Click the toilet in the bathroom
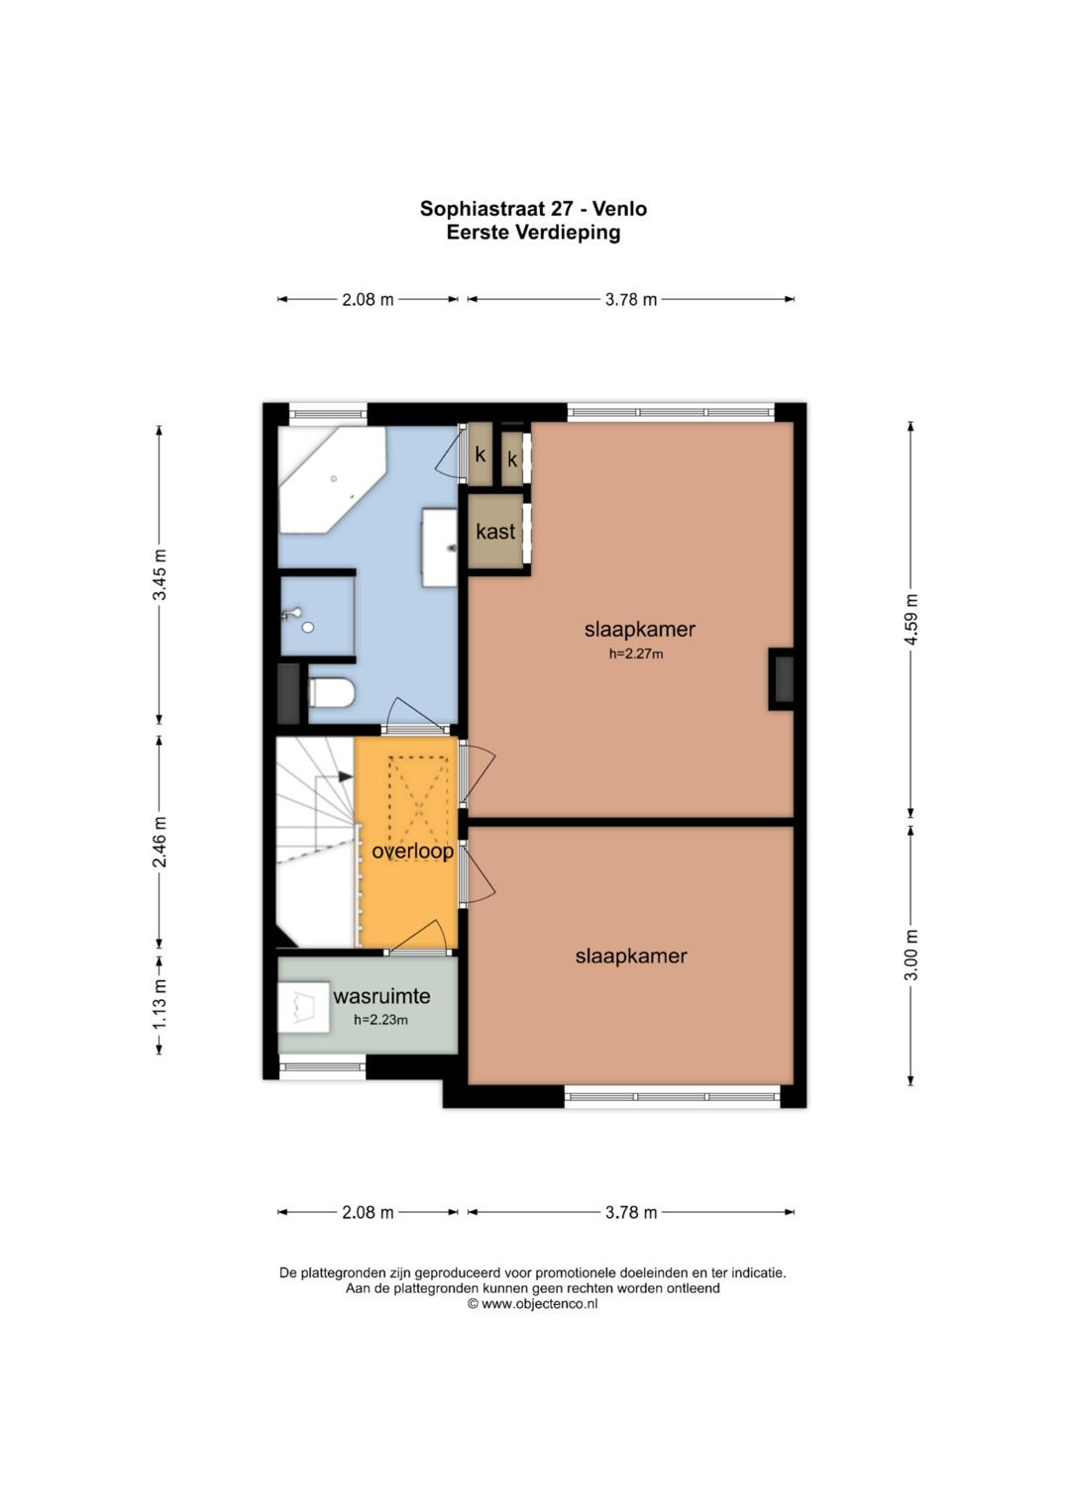[331, 693]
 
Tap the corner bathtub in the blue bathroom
[331, 478]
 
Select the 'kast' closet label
[495, 531]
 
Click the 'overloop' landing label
[413, 852]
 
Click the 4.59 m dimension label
[911, 620]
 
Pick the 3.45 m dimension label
[160, 574]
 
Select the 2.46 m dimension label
[160, 842]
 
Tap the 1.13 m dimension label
[160, 1004]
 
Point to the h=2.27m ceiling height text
[636, 654]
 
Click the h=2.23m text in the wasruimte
[380, 1020]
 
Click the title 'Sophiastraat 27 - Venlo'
[533, 209]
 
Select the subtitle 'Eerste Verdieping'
[533, 233]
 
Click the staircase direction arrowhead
[346, 777]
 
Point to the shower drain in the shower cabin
[308, 627]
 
